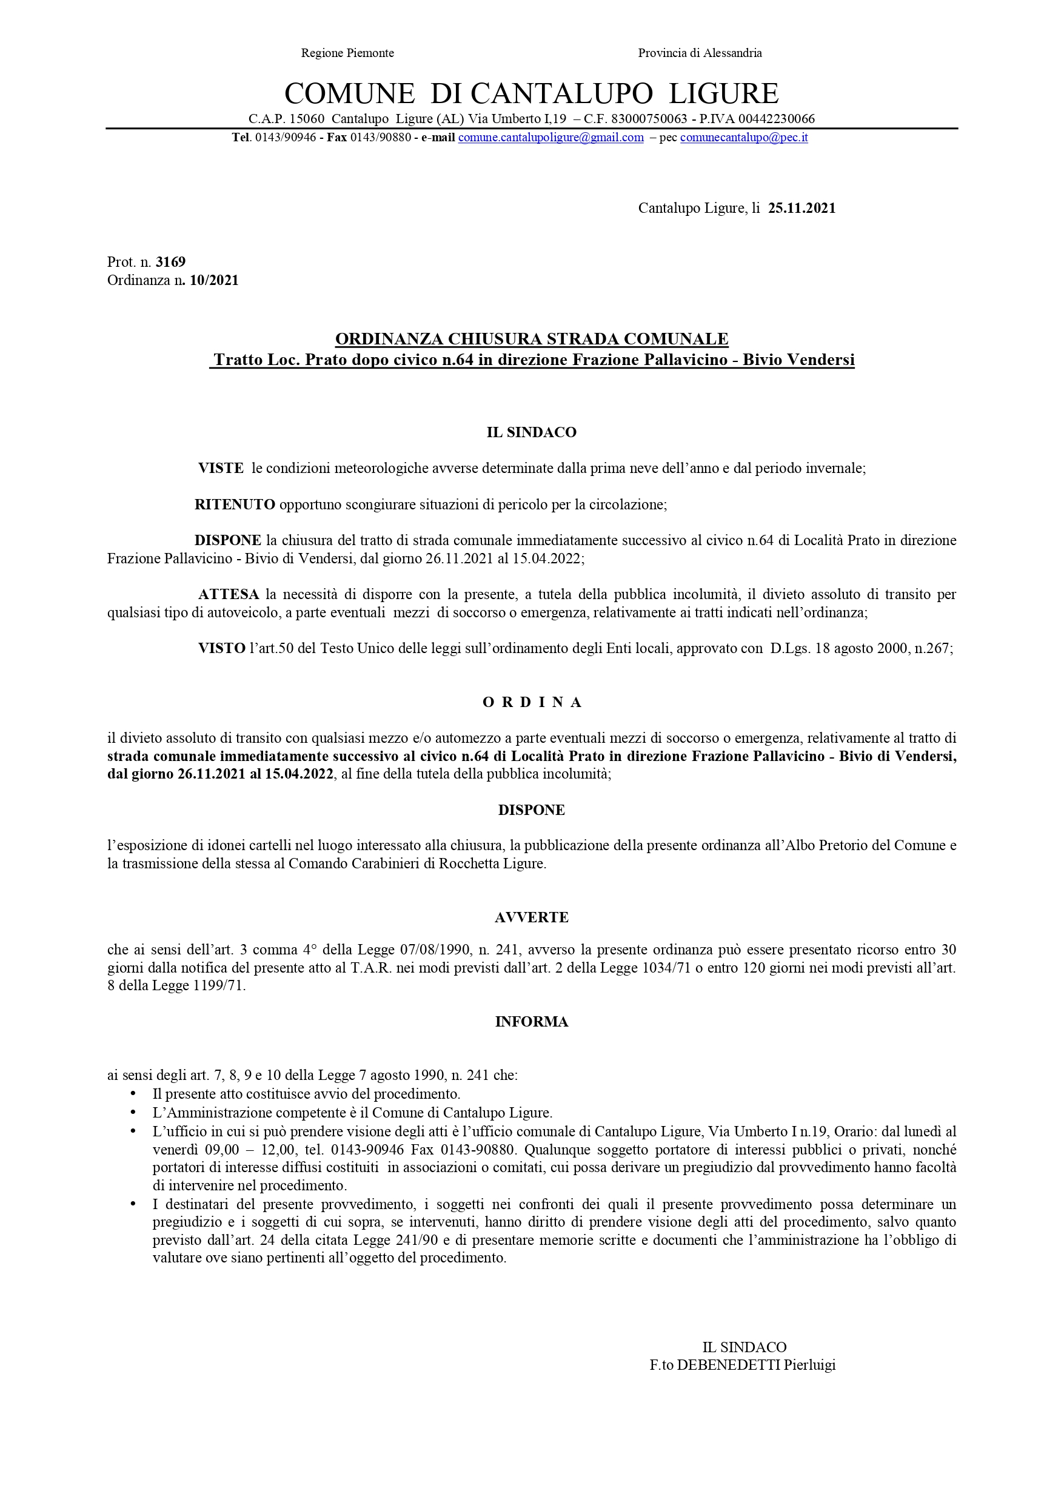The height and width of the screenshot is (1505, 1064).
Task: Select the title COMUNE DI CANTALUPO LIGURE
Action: point(531,93)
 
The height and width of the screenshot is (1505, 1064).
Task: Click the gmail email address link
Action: point(550,138)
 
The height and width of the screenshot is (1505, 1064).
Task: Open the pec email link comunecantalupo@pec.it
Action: point(743,138)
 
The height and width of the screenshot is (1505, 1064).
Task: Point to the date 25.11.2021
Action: point(801,209)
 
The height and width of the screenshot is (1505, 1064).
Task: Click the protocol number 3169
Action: point(170,262)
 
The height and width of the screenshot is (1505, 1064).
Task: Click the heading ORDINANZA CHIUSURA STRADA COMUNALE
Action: point(531,339)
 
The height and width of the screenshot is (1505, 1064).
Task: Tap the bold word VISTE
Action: point(221,469)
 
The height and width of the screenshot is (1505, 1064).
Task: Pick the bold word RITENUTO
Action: point(235,504)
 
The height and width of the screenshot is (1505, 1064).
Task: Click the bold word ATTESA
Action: point(229,594)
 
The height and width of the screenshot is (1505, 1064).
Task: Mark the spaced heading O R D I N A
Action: point(532,703)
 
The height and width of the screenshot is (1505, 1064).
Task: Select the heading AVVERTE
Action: point(531,917)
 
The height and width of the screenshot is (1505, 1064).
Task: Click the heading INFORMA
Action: point(531,1022)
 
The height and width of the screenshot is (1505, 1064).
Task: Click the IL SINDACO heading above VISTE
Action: point(531,432)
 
